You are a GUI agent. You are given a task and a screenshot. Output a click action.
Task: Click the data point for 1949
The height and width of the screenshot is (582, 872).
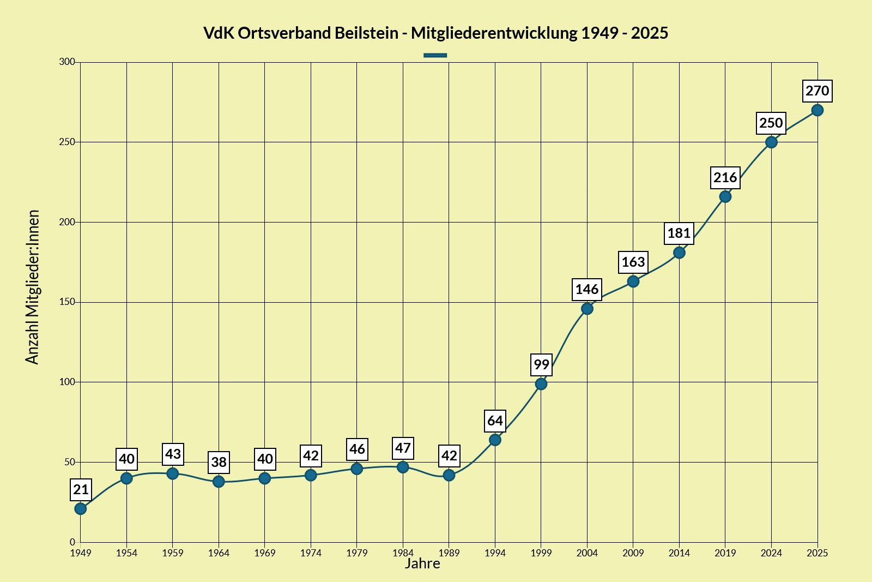pos(81,509)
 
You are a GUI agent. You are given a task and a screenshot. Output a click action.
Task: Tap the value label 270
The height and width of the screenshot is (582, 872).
pos(817,91)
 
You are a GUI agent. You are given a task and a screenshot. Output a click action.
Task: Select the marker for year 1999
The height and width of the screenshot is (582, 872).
pos(541,384)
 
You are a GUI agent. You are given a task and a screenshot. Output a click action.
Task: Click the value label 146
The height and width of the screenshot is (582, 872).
pos(587,290)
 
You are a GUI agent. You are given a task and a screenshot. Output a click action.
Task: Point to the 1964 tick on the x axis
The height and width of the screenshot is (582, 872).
pos(219,553)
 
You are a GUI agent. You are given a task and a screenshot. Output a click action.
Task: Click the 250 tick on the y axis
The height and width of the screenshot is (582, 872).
pos(67,142)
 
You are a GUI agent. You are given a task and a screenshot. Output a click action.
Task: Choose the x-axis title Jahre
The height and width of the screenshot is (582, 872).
pos(422,563)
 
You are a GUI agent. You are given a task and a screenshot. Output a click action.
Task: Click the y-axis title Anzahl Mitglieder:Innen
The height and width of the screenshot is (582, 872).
pos(33,287)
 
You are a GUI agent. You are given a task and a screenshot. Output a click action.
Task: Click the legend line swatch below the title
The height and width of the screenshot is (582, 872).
pos(435,55)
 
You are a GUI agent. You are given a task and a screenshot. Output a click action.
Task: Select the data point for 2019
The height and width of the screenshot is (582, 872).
pos(725,196)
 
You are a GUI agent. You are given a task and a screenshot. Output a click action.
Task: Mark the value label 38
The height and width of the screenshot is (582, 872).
pos(219,463)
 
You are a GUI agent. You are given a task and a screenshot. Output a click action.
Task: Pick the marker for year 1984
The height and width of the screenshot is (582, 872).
pos(403,467)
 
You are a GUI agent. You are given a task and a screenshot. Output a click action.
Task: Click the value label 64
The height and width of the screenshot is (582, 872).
pos(495,421)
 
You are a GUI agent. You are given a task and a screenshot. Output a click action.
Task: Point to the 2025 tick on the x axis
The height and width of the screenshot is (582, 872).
pos(817,553)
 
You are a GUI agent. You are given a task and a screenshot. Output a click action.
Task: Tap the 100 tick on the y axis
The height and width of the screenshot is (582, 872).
pos(67,382)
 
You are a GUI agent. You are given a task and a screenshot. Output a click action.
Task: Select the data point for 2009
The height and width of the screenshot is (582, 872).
pos(633,281)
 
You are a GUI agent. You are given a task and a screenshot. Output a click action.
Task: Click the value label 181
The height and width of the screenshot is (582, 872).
pos(679,233)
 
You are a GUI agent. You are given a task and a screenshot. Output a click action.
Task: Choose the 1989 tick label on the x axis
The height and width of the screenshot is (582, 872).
pos(449,553)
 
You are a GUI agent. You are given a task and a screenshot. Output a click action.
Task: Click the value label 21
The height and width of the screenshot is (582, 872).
pos(81,490)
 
